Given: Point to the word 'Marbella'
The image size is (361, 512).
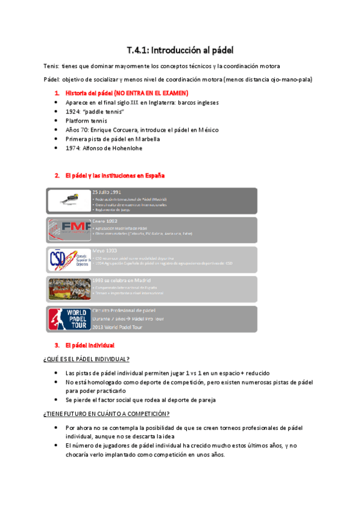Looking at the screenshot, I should point(143,139).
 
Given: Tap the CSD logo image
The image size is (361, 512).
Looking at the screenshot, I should point(68,260).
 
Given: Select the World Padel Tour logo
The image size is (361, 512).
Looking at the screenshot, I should point(68,319).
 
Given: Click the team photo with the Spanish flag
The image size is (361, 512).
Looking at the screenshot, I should point(68,289).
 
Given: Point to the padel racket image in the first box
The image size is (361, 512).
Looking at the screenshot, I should point(68,200).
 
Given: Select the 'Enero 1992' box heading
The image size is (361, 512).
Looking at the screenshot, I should point(104,222).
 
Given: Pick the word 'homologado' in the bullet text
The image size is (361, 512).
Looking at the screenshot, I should point(103,382).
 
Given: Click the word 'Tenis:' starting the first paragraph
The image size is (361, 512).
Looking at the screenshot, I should point(52,66).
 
